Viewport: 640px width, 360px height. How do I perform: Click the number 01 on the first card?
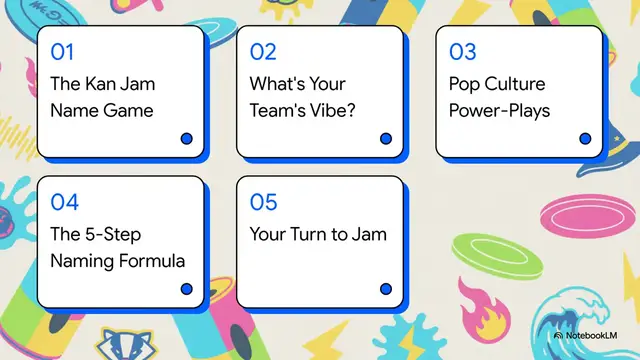(x=62, y=51)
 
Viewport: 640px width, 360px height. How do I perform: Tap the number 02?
(x=263, y=51)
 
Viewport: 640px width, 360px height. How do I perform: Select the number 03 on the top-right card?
(x=463, y=51)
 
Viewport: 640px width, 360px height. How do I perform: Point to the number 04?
(x=64, y=202)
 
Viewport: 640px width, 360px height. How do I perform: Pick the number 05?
(x=263, y=202)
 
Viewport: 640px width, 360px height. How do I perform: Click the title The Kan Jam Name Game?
(x=102, y=97)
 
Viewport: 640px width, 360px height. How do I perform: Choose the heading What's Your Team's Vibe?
(x=302, y=97)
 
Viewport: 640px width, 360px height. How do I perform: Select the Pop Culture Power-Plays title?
(x=500, y=97)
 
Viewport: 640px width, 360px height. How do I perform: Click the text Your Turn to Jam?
(x=318, y=235)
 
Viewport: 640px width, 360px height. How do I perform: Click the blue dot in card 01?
(x=186, y=139)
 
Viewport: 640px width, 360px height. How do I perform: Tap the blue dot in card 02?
(x=386, y=139)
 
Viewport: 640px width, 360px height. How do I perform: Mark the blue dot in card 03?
(x=586, y=139)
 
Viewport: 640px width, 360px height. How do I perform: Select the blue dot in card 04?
(x=186, y=289)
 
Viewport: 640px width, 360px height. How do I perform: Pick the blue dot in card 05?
(x=386, y=289)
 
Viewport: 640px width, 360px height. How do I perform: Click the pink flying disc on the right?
(x=574, y=214)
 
